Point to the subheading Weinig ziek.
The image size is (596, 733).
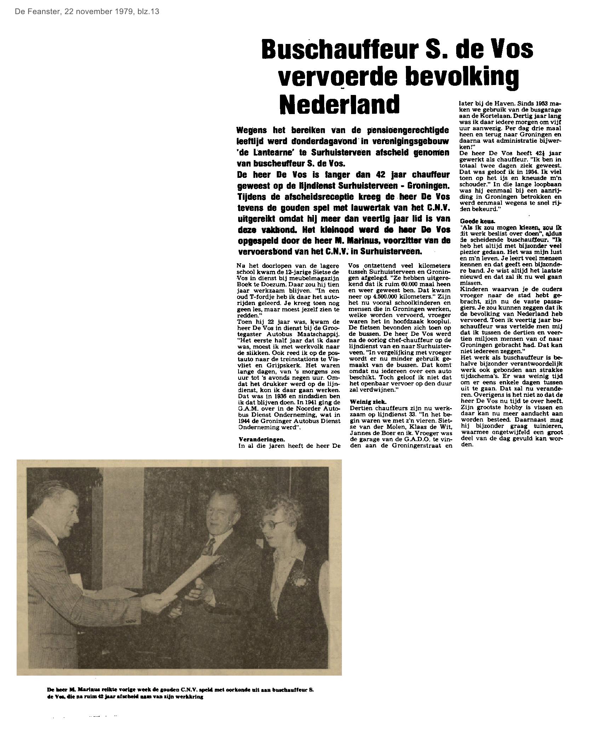368,402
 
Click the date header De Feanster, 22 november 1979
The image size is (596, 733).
87,11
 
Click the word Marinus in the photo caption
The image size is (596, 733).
84,690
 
